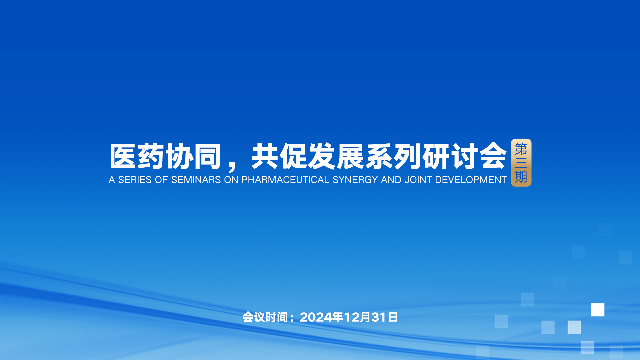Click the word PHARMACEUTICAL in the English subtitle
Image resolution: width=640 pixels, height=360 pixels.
(x=285, y=180)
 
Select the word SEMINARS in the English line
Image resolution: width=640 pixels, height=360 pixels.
(x=196, y=180)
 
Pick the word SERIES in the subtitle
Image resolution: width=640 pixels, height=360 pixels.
(x=135, y=180)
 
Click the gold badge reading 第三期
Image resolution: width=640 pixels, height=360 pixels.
(x=521, y=163)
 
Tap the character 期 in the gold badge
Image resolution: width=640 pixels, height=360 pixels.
(x=521, y=177)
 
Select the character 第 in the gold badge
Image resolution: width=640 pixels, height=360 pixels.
(x=521, y=149)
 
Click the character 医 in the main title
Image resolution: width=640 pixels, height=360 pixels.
(x=123, y=156)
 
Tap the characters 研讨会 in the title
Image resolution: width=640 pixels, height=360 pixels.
(x=465, y=156)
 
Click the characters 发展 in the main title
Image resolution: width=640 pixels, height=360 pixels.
(x=336, y=156)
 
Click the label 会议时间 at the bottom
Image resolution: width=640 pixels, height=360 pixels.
(x=265, y=317)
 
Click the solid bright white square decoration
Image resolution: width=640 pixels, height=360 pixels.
(x=598, y=310)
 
